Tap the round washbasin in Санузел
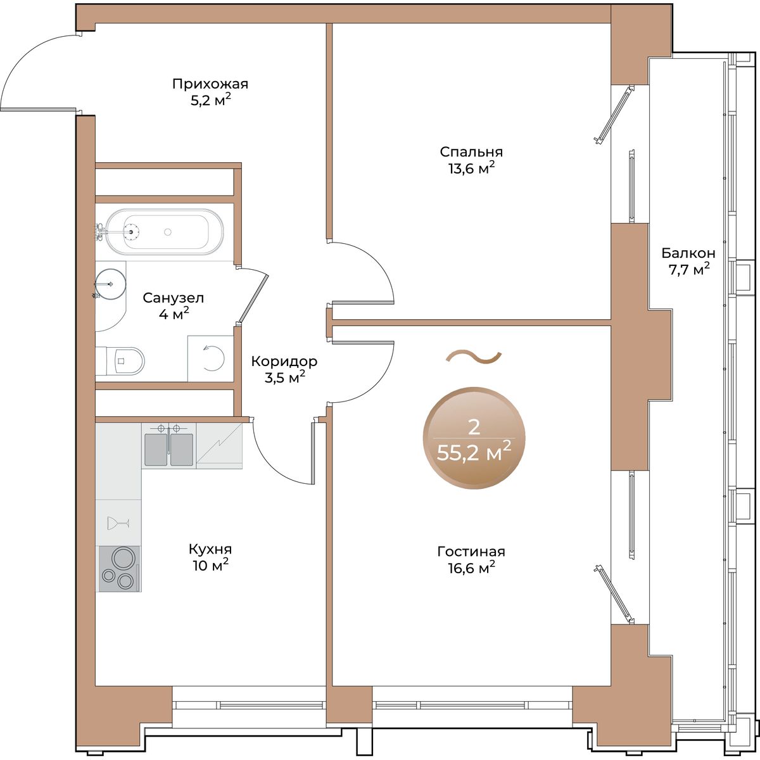111,284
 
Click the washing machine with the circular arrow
211,358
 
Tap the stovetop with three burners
119,569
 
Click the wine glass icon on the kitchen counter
118,523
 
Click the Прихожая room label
210,84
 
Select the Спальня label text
471,152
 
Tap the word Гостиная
471,552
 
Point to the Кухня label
210,549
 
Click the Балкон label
688,253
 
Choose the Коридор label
284,361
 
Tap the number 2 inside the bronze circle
473,427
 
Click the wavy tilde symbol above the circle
474,357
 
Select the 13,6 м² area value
471,168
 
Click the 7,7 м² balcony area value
688,269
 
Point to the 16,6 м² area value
471,568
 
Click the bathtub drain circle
168,232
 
